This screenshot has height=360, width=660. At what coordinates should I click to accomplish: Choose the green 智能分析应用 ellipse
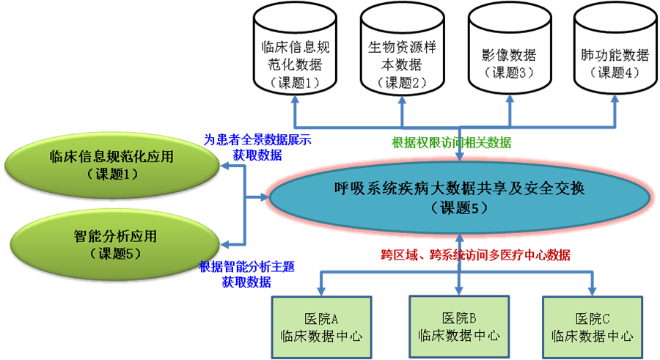tap(115, 244)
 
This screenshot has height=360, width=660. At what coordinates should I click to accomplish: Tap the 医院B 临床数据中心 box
tap(459, 327)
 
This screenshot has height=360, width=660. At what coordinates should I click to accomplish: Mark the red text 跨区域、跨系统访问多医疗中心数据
tap(476, 255)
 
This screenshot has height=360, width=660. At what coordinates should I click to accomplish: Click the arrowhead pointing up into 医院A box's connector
tap(320, 290)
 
